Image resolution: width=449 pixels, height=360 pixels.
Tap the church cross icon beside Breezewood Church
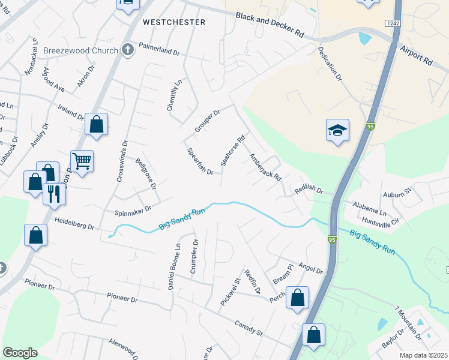tap(127, 50)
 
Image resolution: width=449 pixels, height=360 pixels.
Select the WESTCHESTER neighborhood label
tap(174, 22)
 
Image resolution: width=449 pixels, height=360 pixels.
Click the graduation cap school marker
tap(338, 131)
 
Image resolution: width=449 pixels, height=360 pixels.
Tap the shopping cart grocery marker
tap(82, 160)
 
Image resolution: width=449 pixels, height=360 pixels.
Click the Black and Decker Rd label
tap(270, 25)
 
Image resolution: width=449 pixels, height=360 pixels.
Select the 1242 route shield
tap(393, 22)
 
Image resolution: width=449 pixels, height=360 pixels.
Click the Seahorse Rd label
tap(234, 150)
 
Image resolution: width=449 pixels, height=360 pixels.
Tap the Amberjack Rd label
tap(265, 167)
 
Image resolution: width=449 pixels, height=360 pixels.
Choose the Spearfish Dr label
tap(200, 161)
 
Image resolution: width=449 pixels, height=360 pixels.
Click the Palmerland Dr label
tap(159, 49)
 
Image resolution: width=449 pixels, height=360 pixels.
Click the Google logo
tap(20, 353)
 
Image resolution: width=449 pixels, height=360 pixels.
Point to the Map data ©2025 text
tap(424, 355)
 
